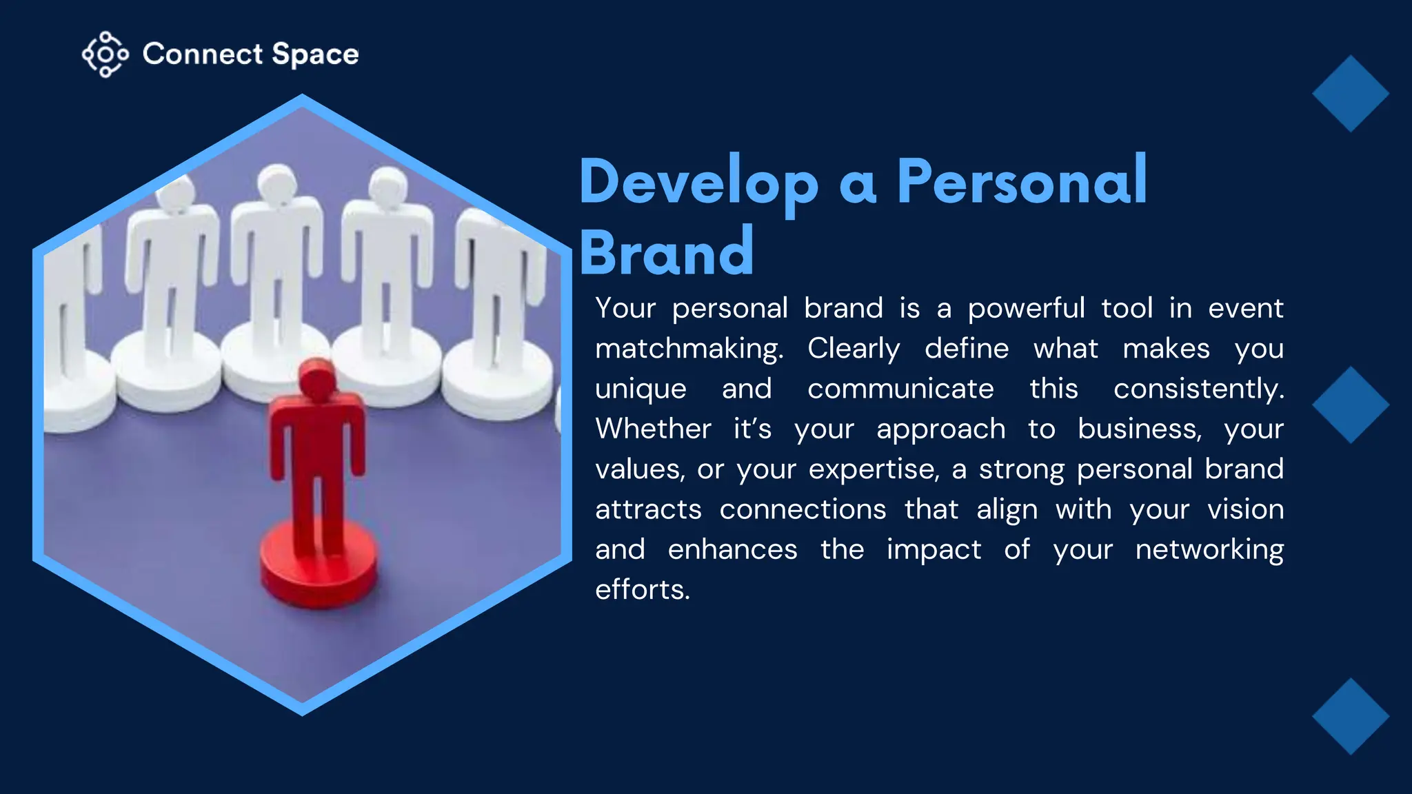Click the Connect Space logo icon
pos(105,54)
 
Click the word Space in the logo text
pos(315,54)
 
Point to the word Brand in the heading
pos(667,252)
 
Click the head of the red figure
pos(317,380)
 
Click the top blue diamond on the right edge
pos(1350,94)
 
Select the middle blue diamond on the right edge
pos(1350,405)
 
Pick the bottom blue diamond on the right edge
pos(1350,716)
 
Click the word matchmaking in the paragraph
pos(689,349)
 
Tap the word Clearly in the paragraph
pos(854,349)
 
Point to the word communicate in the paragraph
pos(900,389)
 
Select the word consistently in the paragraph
pos(1198,389)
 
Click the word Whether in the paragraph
pos(653,429)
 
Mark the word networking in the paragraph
pos(1209,550)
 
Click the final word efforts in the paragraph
pos(642,590)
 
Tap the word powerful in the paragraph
pos(1026,308)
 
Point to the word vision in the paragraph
pos(1245,509)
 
